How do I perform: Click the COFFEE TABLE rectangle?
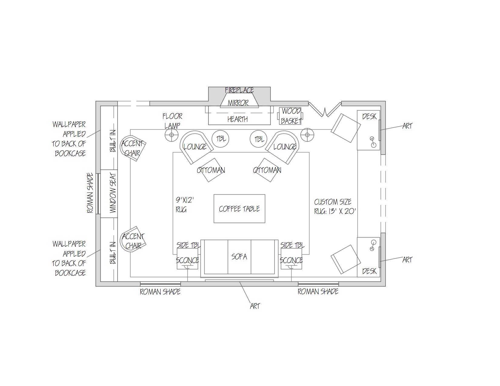tap(239, 209)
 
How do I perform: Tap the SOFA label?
tap(239, 257)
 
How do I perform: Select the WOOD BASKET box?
tap(290, 116)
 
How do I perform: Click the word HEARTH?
tap(238, 119)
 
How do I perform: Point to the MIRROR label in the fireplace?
tap(238, 103)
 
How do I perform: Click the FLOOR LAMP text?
tap(172, 120)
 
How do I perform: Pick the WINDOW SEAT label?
tap(113, 194)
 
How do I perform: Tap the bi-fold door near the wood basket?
tap(325, 109)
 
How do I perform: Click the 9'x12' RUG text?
tap(184, 205)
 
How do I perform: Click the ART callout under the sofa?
tap(255, 306)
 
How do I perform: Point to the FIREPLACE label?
tap(239, 90)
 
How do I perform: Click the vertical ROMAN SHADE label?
tap(90, 193)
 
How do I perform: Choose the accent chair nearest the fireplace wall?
tap(133, 148)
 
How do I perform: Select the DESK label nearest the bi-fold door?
tap(369, 116)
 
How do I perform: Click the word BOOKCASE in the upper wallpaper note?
tap(70, 153)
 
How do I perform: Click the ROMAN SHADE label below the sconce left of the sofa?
tap(160, 292)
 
